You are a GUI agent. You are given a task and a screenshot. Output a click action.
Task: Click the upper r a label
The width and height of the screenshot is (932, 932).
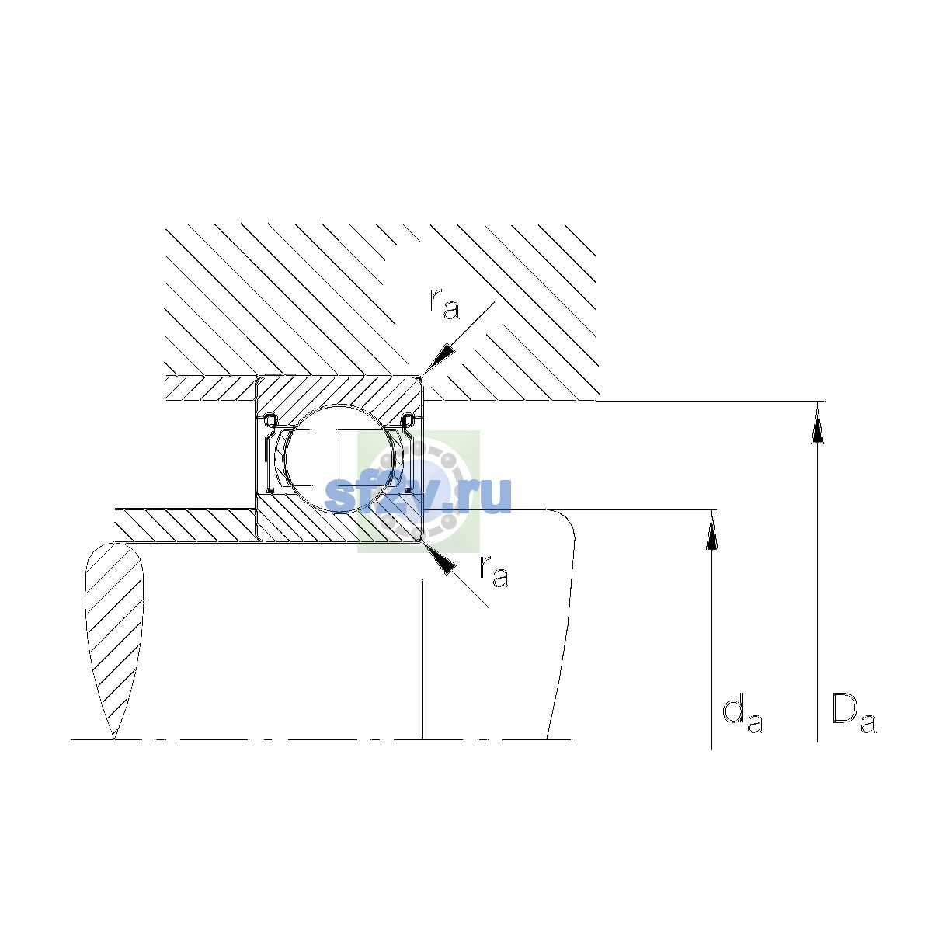444,304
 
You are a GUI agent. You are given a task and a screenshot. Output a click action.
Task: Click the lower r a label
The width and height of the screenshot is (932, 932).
494,572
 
